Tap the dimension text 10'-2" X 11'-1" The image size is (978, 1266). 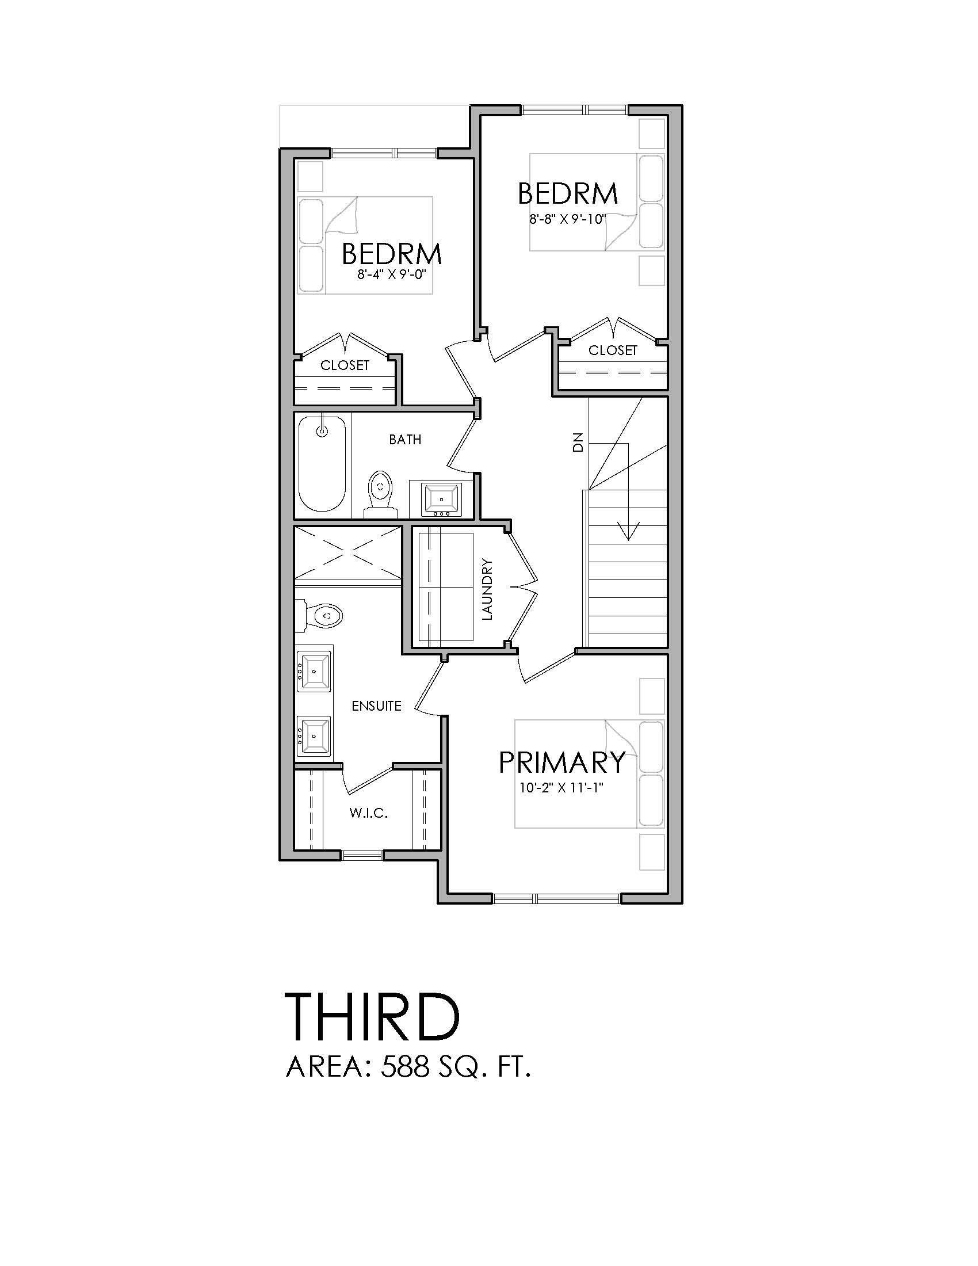pos(561,789)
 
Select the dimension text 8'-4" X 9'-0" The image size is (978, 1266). pos(392,273)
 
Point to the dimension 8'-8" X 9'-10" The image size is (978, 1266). pos(567,219)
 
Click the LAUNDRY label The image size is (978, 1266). pos(487,589)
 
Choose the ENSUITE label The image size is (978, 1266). pos(377,706)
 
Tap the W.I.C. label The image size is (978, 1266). pos(369,814)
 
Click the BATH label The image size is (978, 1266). pos(405,440)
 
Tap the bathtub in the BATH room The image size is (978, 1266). pos(322,464)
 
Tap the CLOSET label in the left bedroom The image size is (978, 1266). pos(345,366)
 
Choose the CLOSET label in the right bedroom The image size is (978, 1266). pos(613,350)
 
